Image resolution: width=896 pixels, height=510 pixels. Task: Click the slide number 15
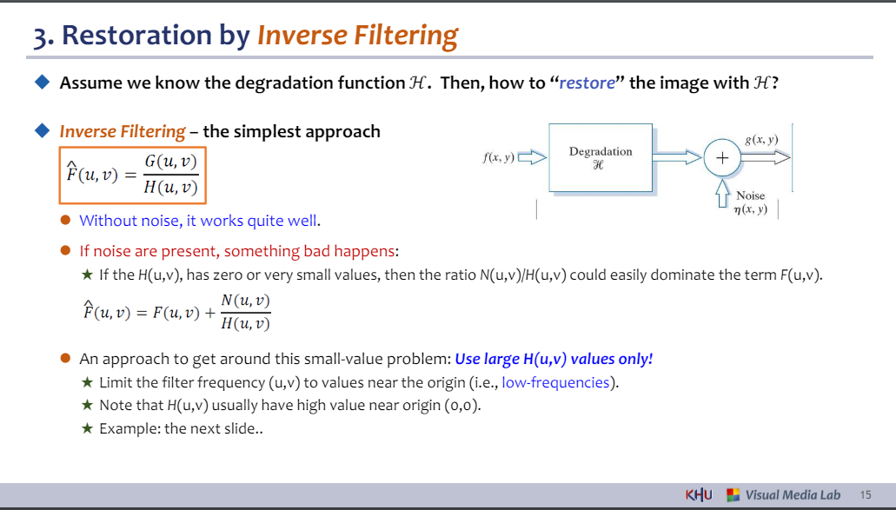[865, 494]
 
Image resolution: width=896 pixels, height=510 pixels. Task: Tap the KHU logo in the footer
[698, 494]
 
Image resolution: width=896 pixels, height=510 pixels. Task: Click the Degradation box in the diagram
[601, 157]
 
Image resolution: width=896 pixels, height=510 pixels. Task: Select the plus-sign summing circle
[722, 157]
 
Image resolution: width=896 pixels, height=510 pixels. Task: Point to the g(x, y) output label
[761, 139]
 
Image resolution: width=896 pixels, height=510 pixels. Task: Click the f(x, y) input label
[498, 157]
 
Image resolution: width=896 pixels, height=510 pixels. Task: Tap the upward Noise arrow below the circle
[722, 193]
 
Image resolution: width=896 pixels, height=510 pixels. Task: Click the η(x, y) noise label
[750, 209]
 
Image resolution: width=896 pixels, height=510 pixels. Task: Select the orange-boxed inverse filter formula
[133, 176]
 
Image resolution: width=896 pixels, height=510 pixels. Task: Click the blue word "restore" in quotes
[587, 83]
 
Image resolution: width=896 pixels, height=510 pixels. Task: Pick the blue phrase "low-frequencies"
[555, 382]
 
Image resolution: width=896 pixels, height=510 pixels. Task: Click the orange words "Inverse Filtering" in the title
[358, 35]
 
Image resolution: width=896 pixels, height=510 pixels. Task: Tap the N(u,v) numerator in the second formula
[245, 301]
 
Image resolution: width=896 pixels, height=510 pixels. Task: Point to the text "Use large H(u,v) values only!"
[554, 359]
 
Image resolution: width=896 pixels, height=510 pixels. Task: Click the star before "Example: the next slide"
[87, 427]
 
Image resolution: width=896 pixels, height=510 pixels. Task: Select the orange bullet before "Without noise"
[66, 220]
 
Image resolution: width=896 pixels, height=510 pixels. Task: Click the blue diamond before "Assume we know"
[43, 83]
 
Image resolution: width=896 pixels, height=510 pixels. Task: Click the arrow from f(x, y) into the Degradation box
[532, 157]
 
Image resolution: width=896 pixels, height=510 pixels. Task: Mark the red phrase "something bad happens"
[309, 251]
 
